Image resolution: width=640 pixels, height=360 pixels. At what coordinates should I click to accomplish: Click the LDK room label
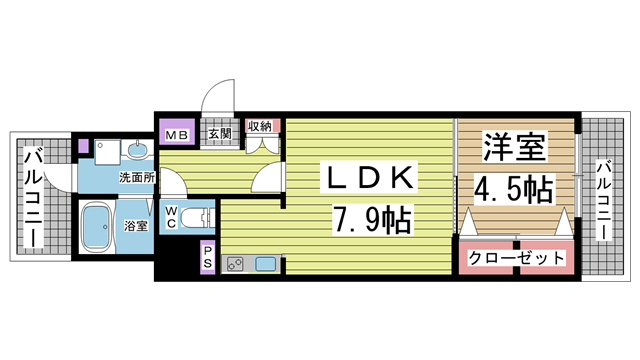pyautogui.click(x=364, y=177)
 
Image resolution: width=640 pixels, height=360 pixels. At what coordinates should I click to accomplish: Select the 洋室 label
pyautogui.click(x=514, y=149)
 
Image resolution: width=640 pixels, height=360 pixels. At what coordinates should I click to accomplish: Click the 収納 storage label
pyautogui.click(x=261, y=126)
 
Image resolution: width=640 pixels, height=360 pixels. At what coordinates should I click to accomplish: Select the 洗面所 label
pyautogui.click(x=136, y=177)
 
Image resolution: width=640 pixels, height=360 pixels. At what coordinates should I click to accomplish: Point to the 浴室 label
pyautogui.click(x=136, y=226)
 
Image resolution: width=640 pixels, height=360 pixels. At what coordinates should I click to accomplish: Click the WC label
pyautogui.click(x=171, y=216)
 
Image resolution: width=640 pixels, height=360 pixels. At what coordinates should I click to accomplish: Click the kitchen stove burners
pyautogui.click(x=237, y=264)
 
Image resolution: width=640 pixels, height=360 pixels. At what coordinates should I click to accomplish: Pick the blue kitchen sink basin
pyautogui.click(x=267, y=264)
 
